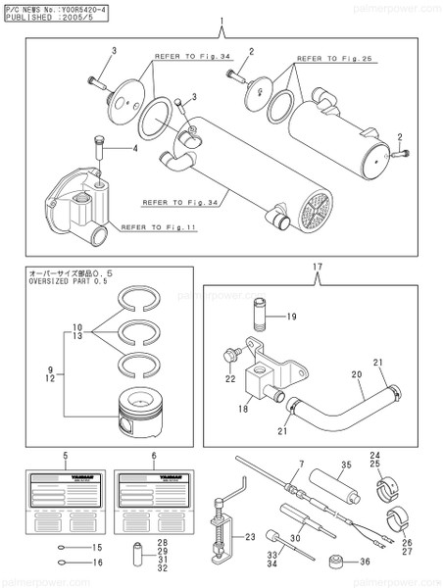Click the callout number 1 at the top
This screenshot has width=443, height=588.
tap(221, 21)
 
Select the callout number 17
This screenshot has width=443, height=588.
tap(318, 266)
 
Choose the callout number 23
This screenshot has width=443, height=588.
tap(249, 536)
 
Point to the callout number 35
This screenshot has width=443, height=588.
tap(345, 464)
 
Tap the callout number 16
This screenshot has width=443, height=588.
tap(97, 562)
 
